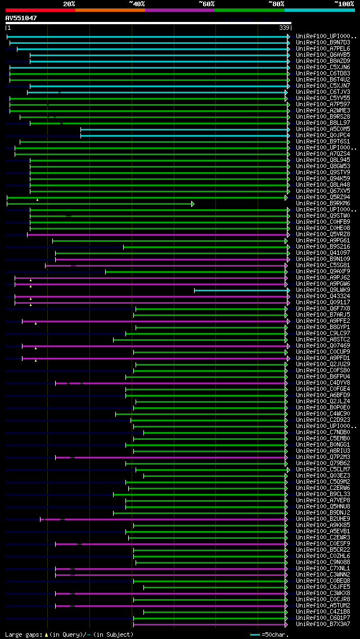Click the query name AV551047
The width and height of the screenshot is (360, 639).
[21, 18]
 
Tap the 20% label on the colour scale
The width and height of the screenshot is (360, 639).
[69, 4]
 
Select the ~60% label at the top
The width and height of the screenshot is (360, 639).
[206, 4]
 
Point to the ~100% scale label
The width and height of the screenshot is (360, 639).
[344, 4]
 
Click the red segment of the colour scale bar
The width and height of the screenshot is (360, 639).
[40, 10]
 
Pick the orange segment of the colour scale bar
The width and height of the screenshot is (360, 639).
[110, 10]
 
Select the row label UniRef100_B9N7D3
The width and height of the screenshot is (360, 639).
[323, 43]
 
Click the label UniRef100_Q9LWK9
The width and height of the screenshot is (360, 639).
[323, 290]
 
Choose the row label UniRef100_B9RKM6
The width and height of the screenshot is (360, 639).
[323, 204]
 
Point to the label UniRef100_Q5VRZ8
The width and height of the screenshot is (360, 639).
[323, 235]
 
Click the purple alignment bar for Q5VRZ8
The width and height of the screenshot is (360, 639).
[157, 235]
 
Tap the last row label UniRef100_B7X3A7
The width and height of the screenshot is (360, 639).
[323, 624]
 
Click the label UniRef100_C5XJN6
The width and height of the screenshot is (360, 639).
[323, 67]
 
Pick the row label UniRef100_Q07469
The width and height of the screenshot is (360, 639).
[323, 346]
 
